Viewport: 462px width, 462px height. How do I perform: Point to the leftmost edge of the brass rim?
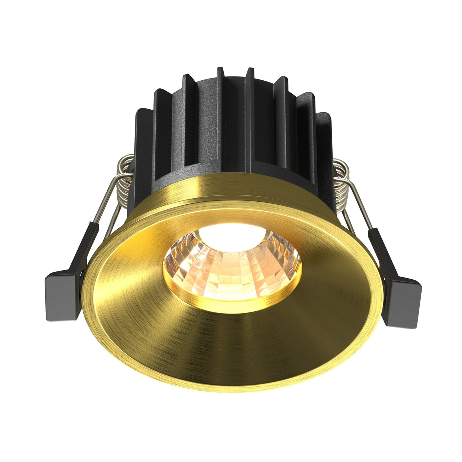coord(85,289)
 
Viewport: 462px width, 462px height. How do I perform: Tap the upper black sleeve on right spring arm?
coord(381,244)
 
